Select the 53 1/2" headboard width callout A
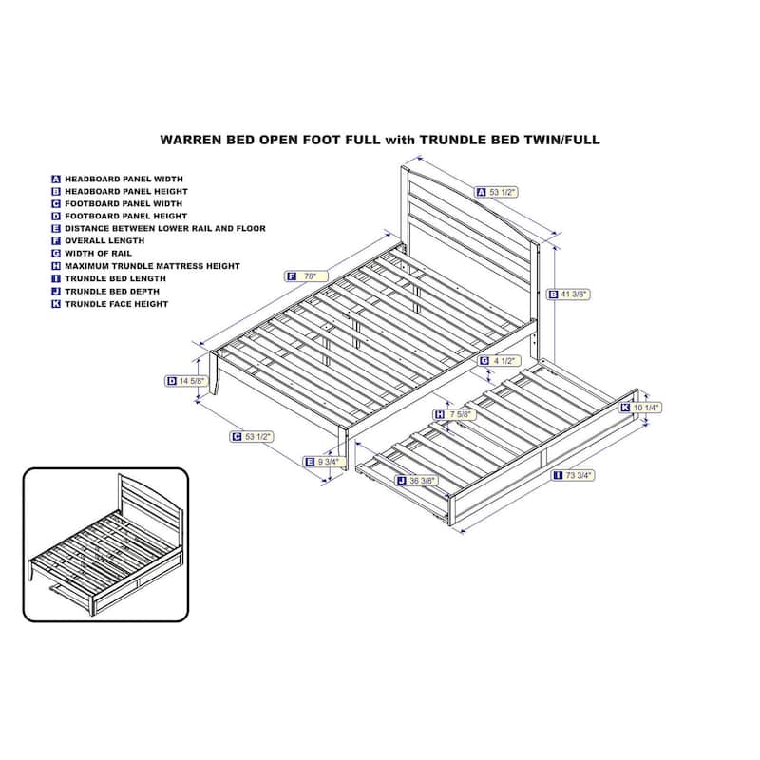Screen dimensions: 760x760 pyautogui.click(x=496, y=193)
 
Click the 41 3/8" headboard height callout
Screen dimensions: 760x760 pyautogui.click(x=568, y=294)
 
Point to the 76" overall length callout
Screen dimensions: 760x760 pyautogui.click(x=306, y=276)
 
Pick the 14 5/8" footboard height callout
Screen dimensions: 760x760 pyautogui.click(x=186, y=382)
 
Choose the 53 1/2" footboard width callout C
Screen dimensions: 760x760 pyautogui.click(x=252, y=437)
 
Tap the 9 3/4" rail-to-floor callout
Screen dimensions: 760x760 pyautogui.click(x=322, y=462)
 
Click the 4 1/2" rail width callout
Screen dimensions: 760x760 pyautogui.click(x=500, y=361)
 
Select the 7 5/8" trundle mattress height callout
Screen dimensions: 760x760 pyautogui.click(x=455, y=414)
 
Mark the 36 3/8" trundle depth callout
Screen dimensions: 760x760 pyautogui.click(x=417, y=481)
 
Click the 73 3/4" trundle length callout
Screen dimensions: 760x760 pyautogui.click(x=574, y=476)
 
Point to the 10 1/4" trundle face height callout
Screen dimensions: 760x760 pyautogui.click(x=639, y=408)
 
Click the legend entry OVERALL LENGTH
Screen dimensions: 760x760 pyautogui.click(x=104, y=241)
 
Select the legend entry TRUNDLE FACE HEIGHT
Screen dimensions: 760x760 pyautogui.click(x=116, y=304)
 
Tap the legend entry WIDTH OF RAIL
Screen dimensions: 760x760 pyautogui.click(x=99, y=254)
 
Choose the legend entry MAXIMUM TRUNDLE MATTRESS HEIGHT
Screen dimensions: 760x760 pyautogui.click(x=153, y=266)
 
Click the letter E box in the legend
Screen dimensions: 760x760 pyautogui.click(x=56, y=229)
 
